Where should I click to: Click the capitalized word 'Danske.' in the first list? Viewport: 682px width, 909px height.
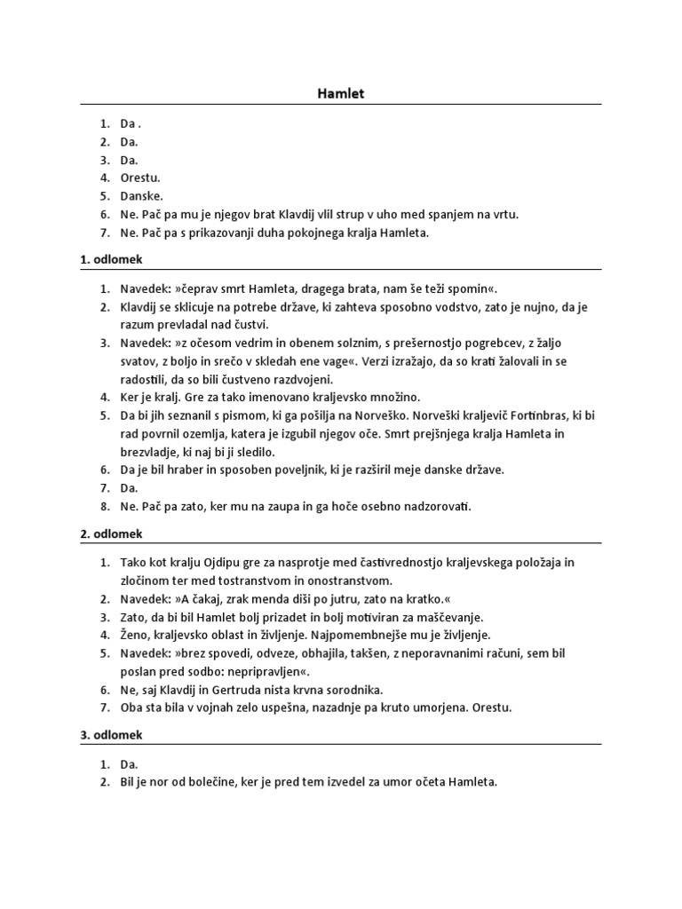coord(142,195)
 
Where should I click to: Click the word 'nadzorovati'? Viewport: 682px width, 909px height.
coord(432,506)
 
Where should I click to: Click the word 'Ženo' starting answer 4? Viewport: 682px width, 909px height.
coord(136,635)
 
